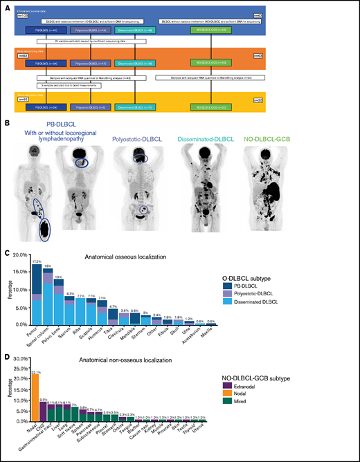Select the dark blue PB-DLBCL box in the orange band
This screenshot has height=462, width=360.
tap(43, 63)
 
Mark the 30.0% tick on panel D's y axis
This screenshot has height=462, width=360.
tap(20, 358)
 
